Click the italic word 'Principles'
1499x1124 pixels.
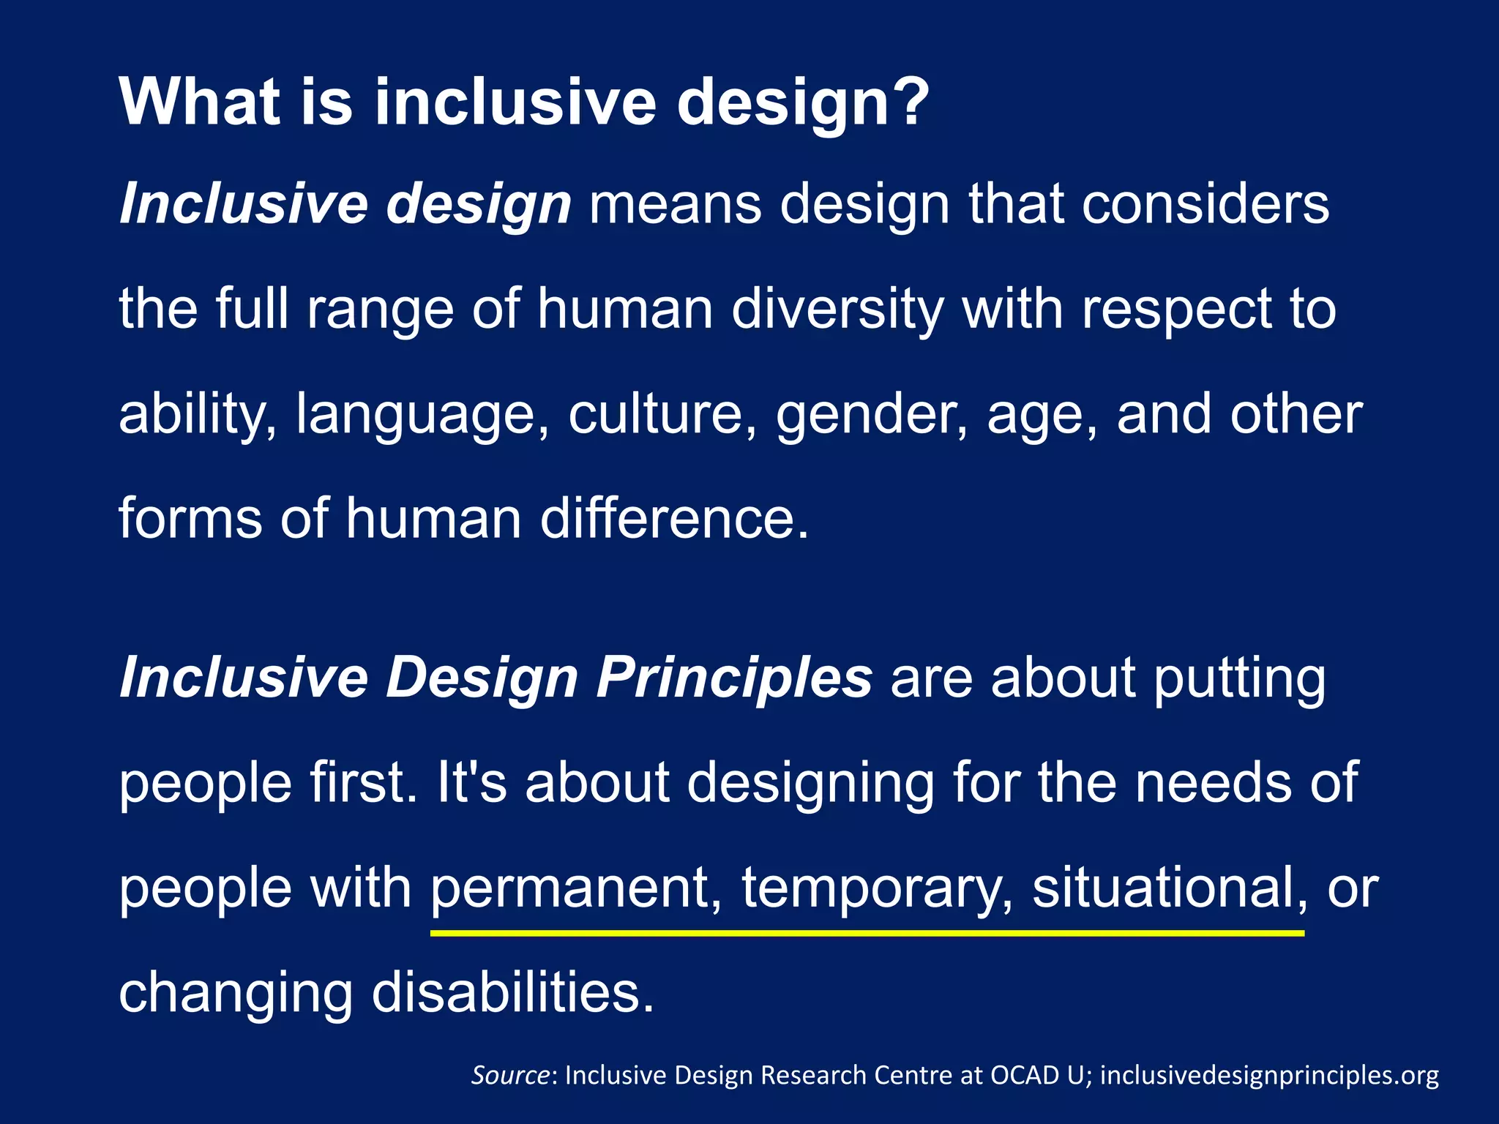pyautogui.click(x=734, y=678)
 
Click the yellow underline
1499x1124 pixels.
pyautogui.click(x=867, y=933)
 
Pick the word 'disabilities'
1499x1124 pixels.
pyautogui.click(x=512, y=992)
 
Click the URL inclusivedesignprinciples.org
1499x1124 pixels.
pyautogui.click(x=1269, y=1076)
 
